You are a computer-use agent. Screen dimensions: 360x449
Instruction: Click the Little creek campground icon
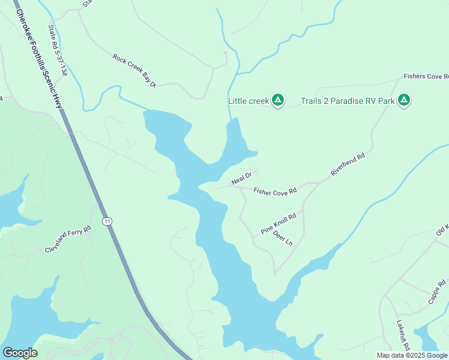pos(278,100)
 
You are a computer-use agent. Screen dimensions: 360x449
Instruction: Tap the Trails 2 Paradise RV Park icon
pos(405,100)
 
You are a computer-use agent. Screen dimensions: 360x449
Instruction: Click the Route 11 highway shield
pos(107,221)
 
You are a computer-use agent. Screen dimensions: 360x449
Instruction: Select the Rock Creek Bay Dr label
pos(134,71)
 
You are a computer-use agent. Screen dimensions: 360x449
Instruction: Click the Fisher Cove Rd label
pos(276,191)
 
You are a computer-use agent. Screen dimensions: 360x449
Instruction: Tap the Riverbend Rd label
pos(348,165)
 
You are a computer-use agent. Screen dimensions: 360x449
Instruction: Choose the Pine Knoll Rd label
pos(279,224)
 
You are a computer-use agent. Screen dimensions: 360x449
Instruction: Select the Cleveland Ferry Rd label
pos(68,239)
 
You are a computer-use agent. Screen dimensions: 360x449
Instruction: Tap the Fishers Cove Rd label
pos(426,77)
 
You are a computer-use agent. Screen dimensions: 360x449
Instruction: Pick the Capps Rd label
pos(437,292)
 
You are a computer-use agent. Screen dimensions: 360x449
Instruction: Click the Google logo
pos(20,353)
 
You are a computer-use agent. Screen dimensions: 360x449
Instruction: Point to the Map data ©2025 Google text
pos(412,355)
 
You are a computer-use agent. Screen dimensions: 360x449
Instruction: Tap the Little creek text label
pos(249,101)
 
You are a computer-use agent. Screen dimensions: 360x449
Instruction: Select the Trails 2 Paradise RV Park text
pos(348,101)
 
